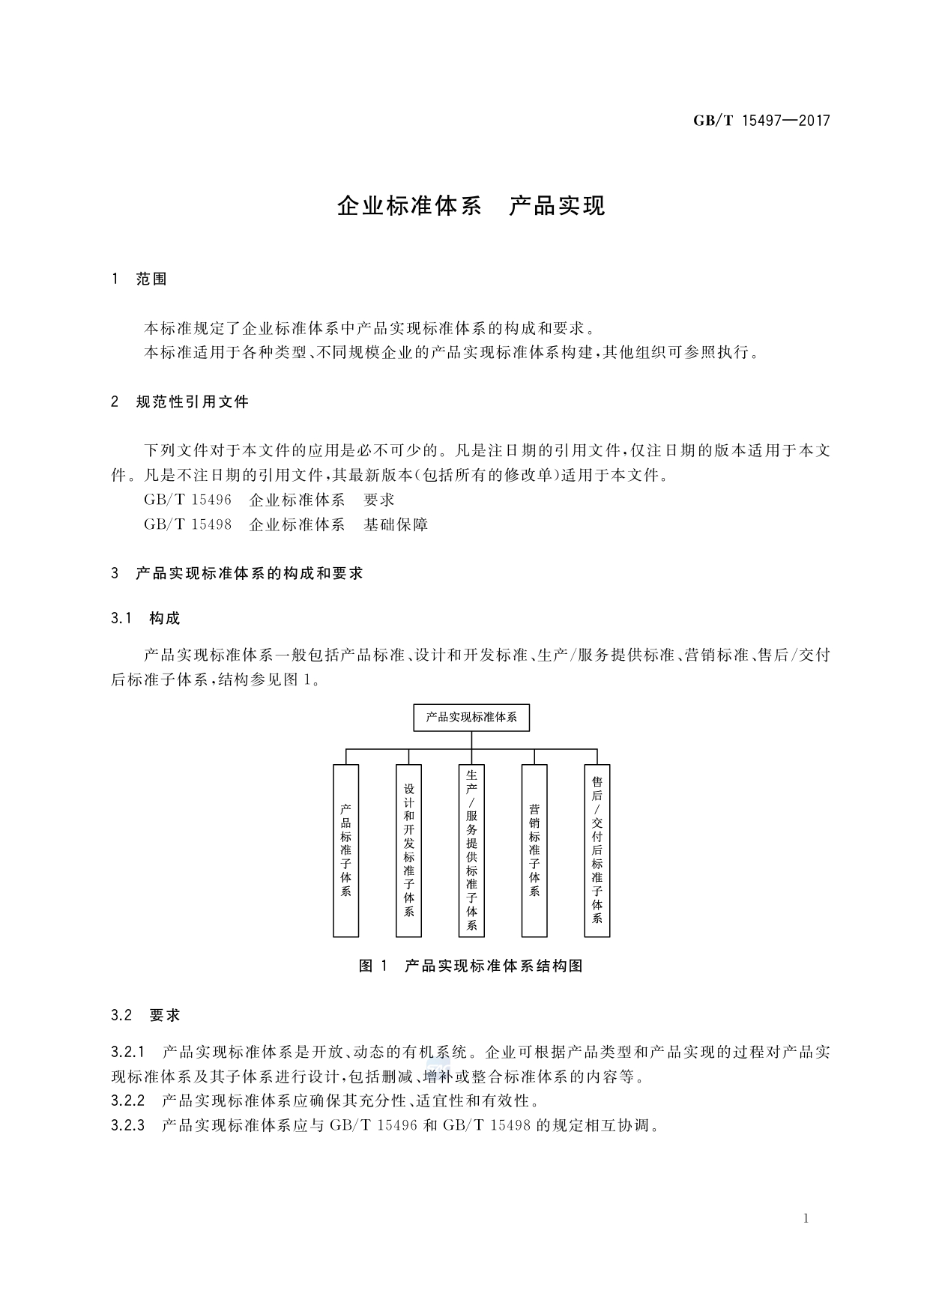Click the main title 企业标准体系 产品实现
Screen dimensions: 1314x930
tap(471, 206)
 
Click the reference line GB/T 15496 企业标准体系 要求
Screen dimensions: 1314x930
tap(269, 500)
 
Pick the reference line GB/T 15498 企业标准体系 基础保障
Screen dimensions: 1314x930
tap(286, 524)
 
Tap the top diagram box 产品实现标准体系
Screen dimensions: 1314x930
tap(471, 718)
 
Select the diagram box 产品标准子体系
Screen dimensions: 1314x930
tap(346, 850)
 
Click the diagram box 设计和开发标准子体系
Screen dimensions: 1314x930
tap(409, 850)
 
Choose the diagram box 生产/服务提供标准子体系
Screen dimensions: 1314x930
tap(471, 850)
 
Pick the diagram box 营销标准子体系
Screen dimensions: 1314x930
tap(534, 850)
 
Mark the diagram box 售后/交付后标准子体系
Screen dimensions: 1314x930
tap(597, 850)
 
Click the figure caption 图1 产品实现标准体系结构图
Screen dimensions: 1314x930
tap(471, 966)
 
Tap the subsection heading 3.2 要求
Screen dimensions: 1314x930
tap(145, 1016)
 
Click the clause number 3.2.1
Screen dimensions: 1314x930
tap(127, 1053)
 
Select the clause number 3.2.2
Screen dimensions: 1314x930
tap(127, 1101)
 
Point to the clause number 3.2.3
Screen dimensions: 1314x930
tap(127, 1126)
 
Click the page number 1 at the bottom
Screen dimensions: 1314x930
tap(806, 1219)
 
